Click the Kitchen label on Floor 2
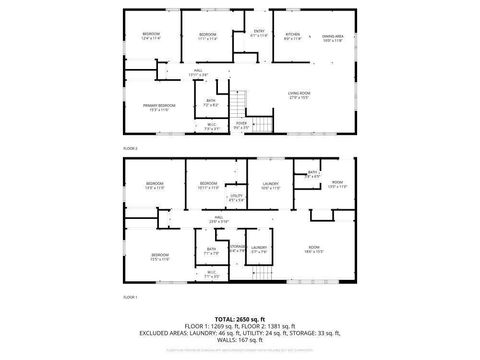pyautogui.click(x=291, y=36)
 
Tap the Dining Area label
pyautogui.click(x=333, y=36)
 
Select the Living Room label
pyautogui.click(x=298, y=95)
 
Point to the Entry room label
pyautogui.click(x=259, y=34)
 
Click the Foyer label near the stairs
pyautogui.click(x=241, y=125)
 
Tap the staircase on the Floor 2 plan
pyautogui.click(x=240, y=102)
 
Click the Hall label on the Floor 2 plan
pyautogui.click(x=197, y=72)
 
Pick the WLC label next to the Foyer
pyautogui.click(x=212, y=125)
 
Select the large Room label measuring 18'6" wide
pyautogui.click(x=313, y=249)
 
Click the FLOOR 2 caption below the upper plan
pyautogui.click(x=130, y=147)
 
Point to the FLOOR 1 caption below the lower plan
pyautogui.click(x=130, y=297)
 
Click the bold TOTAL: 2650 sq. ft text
pyautogui.click(x=240, y=319)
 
